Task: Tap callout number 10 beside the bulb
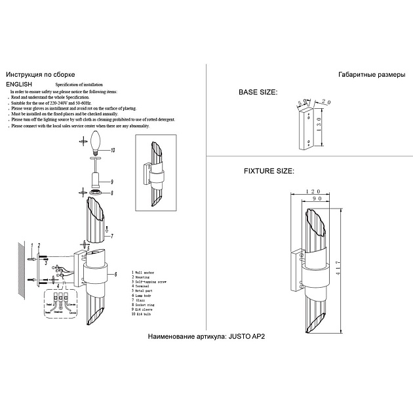click(112, 150)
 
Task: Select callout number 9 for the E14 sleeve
click(112, 181)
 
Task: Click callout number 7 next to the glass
click(112, 235)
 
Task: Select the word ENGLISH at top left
click(19, 85)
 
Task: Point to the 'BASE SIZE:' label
click(258, 92)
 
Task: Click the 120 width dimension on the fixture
click(313, 193)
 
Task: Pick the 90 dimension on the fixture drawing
click(317, 201)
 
